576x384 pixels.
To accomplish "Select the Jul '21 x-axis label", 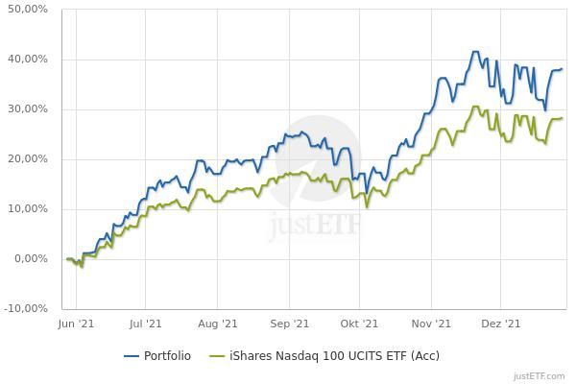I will tap(146, 325).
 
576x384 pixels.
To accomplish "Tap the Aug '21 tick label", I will tap(219, 325).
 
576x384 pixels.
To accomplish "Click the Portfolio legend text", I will tap(167, 356).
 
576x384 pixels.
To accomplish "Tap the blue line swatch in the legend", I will tap(132, 356).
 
